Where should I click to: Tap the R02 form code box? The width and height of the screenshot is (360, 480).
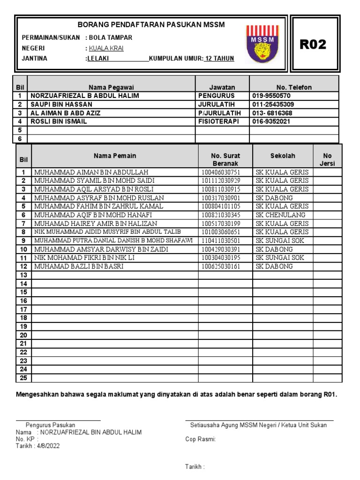pyautogui.click(x=313, y=45)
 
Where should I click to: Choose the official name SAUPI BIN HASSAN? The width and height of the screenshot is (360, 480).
pyautogui.click(x=61, y=104)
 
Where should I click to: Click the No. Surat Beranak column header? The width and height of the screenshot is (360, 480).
pyautogui.click(x=225, y=159)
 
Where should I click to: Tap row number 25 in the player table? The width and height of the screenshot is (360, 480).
pyautogui.click(x=23, y=378)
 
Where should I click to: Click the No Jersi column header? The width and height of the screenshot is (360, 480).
pyautogui.click(x=327, y=159)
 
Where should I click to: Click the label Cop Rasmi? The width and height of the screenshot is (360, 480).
pyautogui.click(x=201, y=439)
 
